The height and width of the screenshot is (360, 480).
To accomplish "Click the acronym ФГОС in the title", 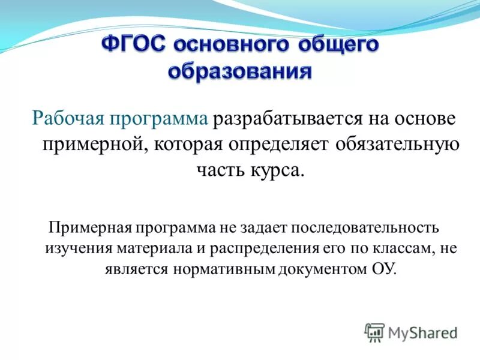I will (x=134, y=47).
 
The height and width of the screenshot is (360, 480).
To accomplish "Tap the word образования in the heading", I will (x=240, y=72).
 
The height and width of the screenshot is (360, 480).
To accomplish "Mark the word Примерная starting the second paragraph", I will (x=90, y=229).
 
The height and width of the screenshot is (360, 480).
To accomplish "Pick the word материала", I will (x=137, y=248).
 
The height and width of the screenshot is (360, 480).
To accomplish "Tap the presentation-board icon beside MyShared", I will (x=374, y=332).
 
